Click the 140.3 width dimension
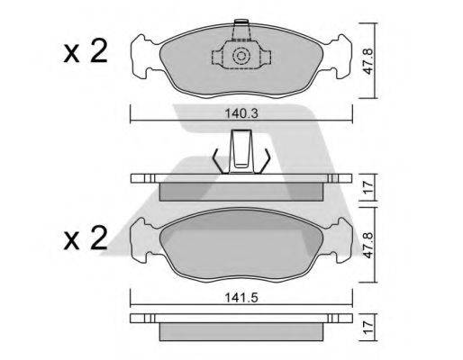pos(241,114)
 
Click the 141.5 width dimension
pos(241,298)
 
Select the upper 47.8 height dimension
pos(368,61)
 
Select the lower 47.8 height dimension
pos(368,245)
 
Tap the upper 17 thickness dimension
pos(368,187)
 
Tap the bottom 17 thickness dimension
pos(368,328)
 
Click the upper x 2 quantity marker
pos(86,51)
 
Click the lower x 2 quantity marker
pos(86,238)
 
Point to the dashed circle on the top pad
pos(241,56)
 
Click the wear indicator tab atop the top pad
pos(241,30)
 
